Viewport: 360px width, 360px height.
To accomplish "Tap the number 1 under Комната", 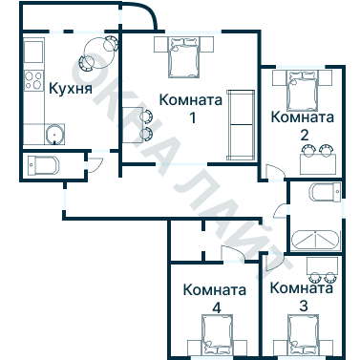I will coord(191,118).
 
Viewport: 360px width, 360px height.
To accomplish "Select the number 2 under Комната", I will coord(304,135).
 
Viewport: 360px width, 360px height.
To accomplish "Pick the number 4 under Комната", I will coord(216,307).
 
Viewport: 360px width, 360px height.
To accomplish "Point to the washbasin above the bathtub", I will coord(322,194).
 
